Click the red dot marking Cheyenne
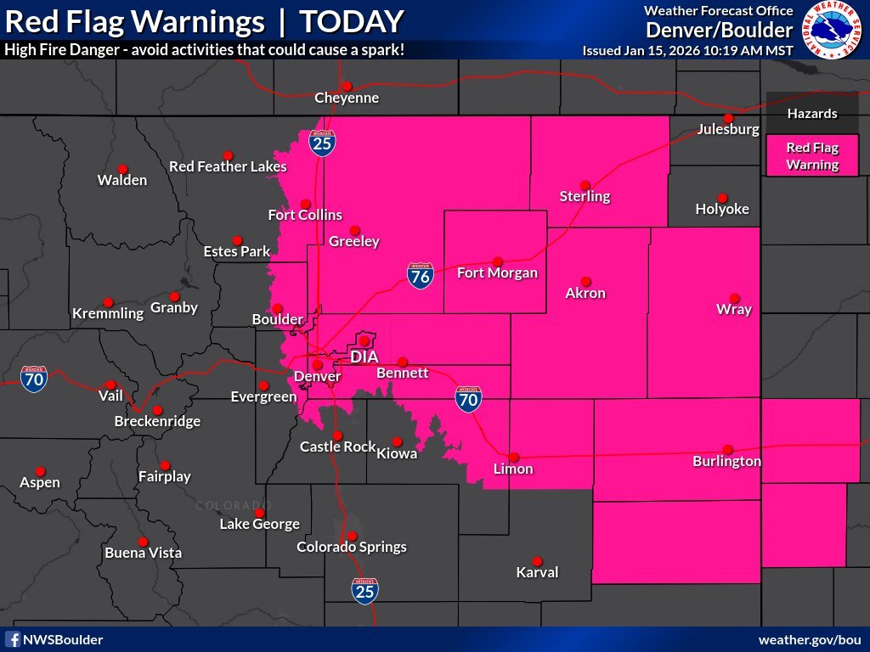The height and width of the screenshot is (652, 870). click(x=347, y=86)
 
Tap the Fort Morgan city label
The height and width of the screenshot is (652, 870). click(x=497, y=273)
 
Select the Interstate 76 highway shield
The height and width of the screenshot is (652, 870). click(x=420, y=273)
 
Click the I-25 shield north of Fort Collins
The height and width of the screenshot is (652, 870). click(x=322, y=143)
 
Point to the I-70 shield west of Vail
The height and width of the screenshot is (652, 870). click(x=34, y=379)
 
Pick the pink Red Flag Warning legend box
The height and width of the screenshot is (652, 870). click(x=812, y=156)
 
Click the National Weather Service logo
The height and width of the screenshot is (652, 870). click(x=833, y=30)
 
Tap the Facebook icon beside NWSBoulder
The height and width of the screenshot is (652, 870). click(x=13, y=639)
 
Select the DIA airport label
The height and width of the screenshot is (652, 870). click(x=364, y=357)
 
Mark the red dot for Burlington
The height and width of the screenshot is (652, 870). click(x=727, y=449)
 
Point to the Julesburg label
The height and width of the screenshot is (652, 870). click(x=728, y=130)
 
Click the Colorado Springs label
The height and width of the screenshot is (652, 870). click(x=351, y=548)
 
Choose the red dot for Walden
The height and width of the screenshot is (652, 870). click(x=122, y=169)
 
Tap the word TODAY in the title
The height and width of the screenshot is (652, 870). click(x=352, y=21)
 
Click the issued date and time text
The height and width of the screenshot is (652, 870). click(x=687, y=50)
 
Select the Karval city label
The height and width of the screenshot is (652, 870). click(x=537, y=572)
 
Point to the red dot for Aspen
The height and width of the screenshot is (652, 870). click(x=40, y=471)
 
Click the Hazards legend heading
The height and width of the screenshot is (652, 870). click(x=811, y=114)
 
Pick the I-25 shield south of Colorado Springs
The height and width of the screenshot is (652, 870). click(x=364, y=591)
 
